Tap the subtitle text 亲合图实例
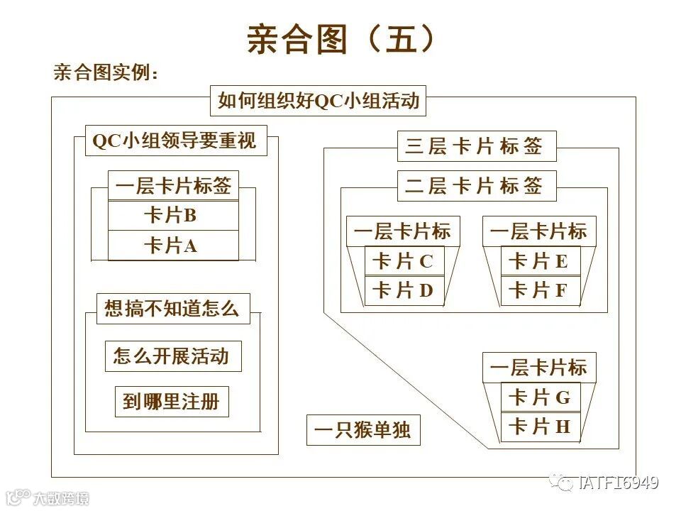pyautogui.click(x=106, y=72)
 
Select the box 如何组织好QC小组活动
pyautogui.click(x=319, y=101)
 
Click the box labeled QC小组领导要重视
pyautogui.click(x=174, y=141)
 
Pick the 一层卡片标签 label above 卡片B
pyautogui.click(x=173, y=186)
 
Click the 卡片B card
pyautogui.click(x=173, y=215)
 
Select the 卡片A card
pyautogui.click(x=173, y=246)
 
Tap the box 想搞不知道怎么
pyautogui.click(x=173, y=309)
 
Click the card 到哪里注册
pyautogui.click(x=172, y=402)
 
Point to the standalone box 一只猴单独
pyautogui.click(x=363, y=430)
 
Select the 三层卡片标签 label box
pyautogui.click(x=476, y=146)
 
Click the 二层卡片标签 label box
pyautogui.click(x=476, y=186)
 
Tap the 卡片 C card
pyautogui.click(x=403, y=261)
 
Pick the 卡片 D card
pyautogui.click(x=403, y=291)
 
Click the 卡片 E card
pyautogui.click(x=540, y=261)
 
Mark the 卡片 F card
pyautogui.click(x=540, y=291)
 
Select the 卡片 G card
pyautogui.click(x=540, y=397)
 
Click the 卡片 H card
pyautogui.click(x=540, y=427)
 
